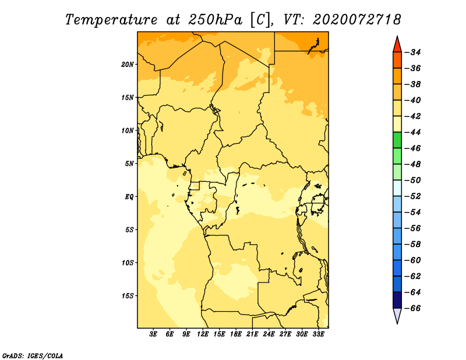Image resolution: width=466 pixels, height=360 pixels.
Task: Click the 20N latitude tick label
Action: [127, 64]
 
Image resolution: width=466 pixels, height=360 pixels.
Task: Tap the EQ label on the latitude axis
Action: [129, 197]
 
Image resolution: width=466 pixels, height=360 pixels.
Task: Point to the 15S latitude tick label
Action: [128, 296]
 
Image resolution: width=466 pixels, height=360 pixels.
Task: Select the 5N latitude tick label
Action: [129, 164]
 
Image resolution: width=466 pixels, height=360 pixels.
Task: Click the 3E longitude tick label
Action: [153, 334]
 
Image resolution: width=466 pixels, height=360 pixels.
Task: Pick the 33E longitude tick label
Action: [318, 334]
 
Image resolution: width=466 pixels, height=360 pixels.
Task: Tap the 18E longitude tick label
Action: [236, 334]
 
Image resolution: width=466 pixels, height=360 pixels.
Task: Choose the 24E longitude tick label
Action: [269, 334]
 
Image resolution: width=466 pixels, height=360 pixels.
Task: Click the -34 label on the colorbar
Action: [413, 52]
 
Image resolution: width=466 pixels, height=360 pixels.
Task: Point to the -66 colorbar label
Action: [413, 308]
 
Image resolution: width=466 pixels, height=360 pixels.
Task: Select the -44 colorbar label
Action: [413, 132]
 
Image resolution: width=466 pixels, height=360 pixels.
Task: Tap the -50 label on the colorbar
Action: [413, 180]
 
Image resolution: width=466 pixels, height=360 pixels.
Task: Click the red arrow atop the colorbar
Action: [397, 45]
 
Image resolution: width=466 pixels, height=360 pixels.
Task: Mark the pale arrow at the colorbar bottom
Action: [397, 315]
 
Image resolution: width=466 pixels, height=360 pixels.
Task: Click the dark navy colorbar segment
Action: [397, 300]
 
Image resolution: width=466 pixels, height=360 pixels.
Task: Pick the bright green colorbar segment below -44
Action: [397, 140]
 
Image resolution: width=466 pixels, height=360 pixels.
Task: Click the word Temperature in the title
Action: [111, 20]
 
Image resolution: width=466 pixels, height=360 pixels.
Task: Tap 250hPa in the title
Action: [215, 20]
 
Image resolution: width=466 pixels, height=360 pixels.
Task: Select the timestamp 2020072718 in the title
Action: [357, 20]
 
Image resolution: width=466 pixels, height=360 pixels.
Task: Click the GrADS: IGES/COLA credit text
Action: [33, 356]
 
